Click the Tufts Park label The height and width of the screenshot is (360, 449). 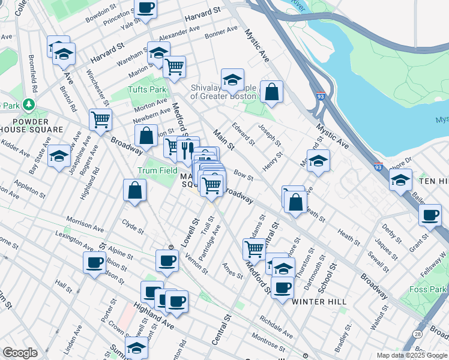click(x=146, y=90)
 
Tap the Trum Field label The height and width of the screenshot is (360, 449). click(x=158, y=171)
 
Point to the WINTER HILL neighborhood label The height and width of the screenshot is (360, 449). click(x=316, y=302)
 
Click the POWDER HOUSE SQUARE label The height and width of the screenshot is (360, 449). click(x=31, y=129)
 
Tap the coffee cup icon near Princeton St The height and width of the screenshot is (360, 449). click(x=146, y=8)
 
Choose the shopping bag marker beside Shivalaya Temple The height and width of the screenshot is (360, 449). click(x=271, y=92)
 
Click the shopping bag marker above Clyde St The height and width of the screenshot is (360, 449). click(x=135, y=191)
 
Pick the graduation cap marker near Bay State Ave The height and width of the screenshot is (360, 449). click(x=59, y=156)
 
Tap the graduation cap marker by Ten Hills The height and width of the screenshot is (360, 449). click(x=400, y=179)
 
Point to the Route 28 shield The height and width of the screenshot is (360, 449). click(x=418, y=333)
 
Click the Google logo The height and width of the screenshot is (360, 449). click(x=20, y=353)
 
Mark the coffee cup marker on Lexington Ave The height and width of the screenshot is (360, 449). click(x=94, y=262)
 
